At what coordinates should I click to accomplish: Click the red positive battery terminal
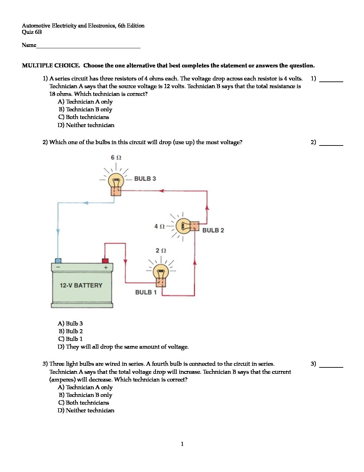(x=105, y=260)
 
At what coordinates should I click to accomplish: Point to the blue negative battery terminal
(x=58, y=260)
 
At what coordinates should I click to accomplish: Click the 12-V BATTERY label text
(x=81, y=286)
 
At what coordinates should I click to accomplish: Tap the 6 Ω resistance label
(x=116, y=158)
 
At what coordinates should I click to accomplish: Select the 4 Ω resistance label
(x=159, y=227)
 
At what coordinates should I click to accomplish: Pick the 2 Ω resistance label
(x=161, y=250)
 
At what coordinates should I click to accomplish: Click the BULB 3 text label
(x=145, y=179)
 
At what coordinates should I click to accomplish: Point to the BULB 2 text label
(x=213, y=230)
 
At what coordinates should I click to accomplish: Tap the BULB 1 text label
(x=146, y=292)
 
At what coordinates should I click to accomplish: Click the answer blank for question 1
(x=331, y=79)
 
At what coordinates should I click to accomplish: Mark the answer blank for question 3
(x=331, y=364)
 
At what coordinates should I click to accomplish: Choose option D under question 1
(x=86, y=125)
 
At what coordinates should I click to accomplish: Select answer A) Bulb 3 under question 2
(x=70, y=323)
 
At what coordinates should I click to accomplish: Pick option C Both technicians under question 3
(x=84, y=403)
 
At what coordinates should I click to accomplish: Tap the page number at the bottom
(x=182, y=444)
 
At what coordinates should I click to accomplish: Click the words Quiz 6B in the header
(x=32, y=32)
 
